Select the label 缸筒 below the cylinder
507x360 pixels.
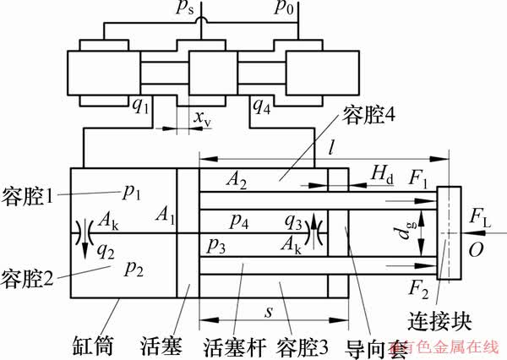pyautogui.click(x=95, y=346)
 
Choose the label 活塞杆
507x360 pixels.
pyautogui.click(x=231, y=346)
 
